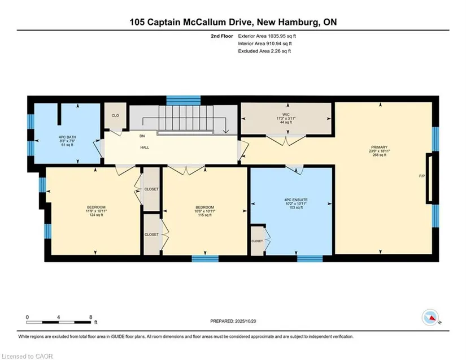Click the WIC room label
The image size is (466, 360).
286,115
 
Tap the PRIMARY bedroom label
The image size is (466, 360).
379,147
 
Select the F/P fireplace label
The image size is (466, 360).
422,176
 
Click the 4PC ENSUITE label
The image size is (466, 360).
291,200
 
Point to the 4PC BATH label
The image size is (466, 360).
67,137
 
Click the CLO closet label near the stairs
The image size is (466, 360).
115,115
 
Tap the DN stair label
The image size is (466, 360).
142,136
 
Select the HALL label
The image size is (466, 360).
145,148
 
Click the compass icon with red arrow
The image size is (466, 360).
430,318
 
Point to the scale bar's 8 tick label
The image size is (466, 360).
90,317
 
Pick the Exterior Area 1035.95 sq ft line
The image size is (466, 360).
267,36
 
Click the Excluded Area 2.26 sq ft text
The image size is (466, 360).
264,51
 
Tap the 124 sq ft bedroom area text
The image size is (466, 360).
96,215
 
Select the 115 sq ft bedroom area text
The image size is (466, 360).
205,215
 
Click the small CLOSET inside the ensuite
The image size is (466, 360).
257,241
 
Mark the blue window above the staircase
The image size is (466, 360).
184,100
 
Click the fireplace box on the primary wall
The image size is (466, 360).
429,179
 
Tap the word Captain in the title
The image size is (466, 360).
164,22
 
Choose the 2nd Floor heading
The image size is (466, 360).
222,36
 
